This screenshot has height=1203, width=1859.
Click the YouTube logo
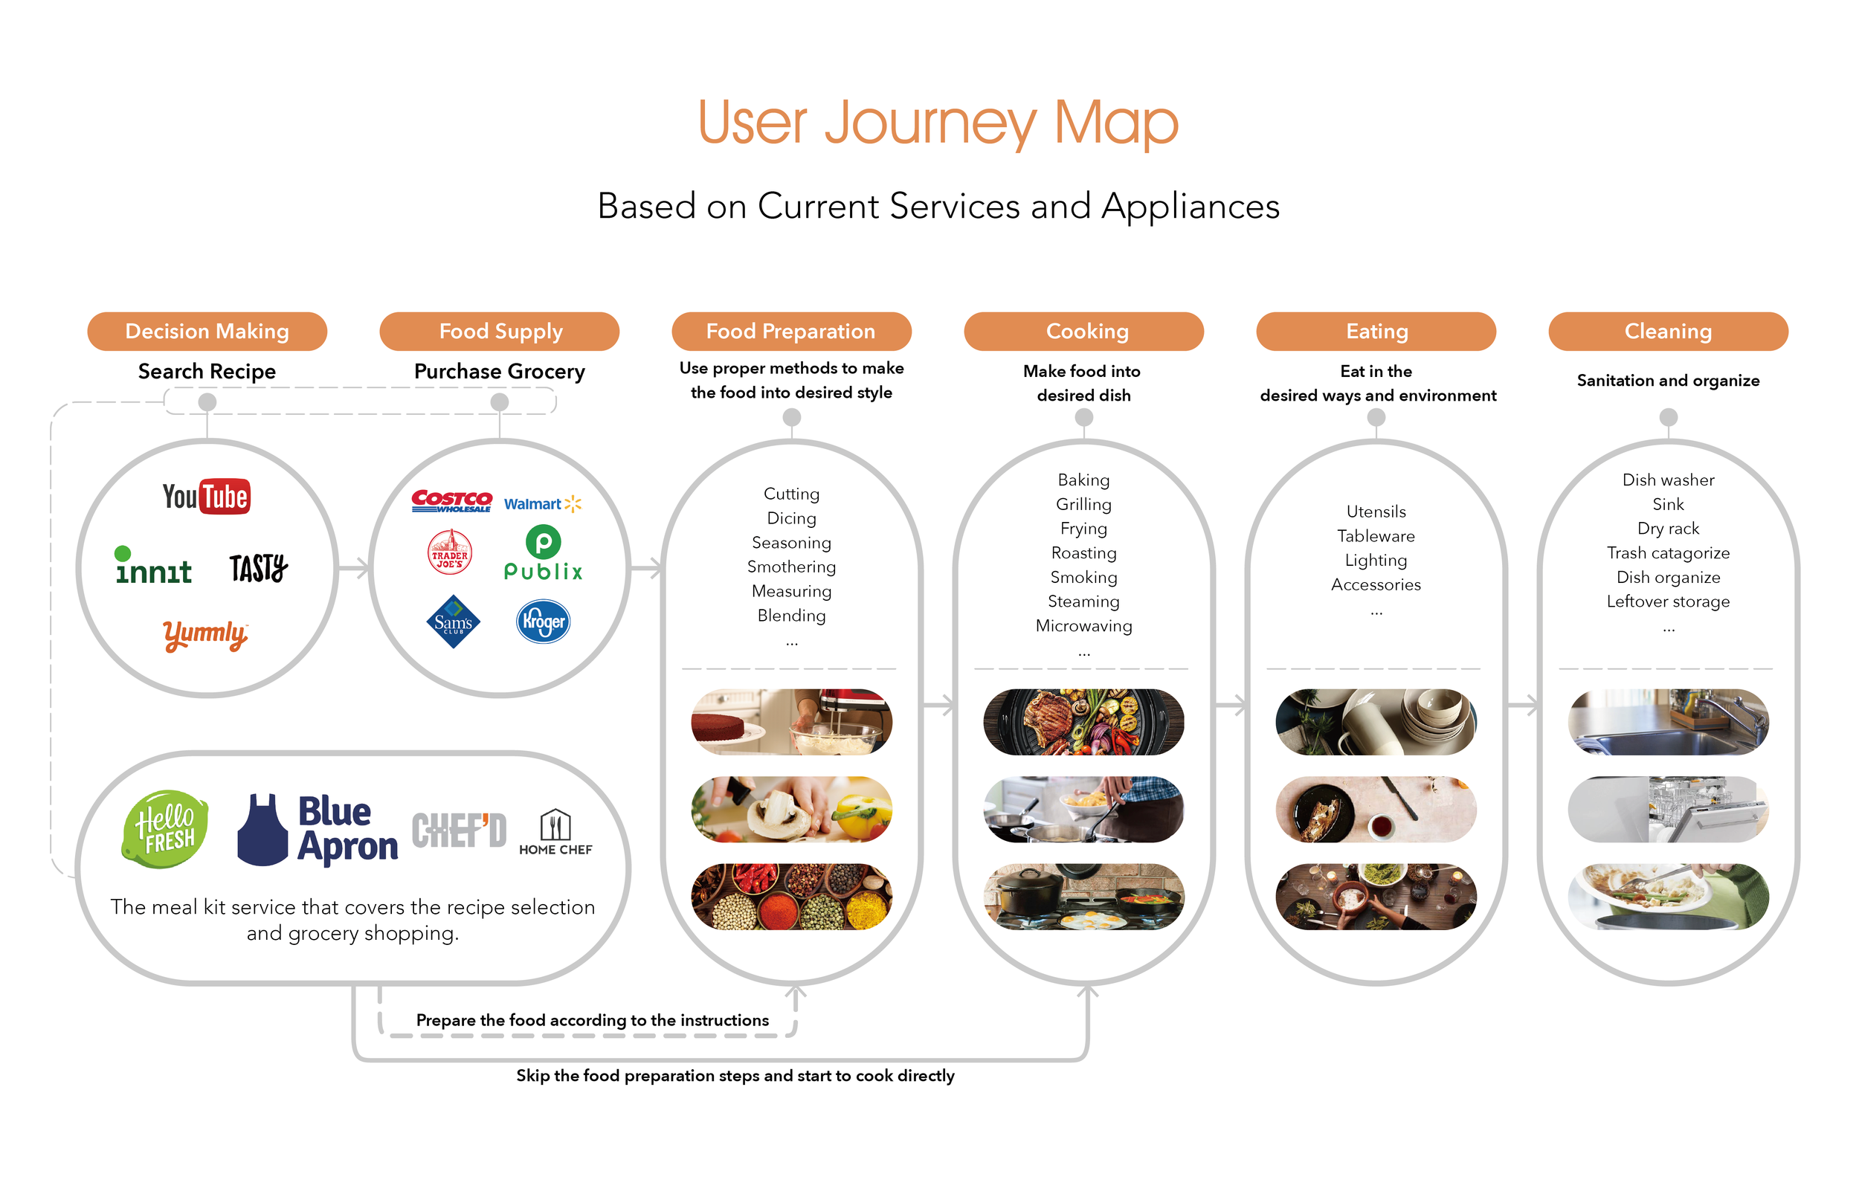point(206,497)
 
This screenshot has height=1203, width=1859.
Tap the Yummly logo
point(205,634)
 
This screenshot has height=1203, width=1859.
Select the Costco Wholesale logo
point(451,500)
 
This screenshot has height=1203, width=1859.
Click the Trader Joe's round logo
point(450,552)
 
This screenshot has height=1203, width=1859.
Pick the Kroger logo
point(543,622)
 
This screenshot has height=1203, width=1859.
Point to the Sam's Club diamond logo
point(453,622)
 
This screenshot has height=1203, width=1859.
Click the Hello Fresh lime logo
point(166,829)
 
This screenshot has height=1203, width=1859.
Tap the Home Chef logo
point(555,833)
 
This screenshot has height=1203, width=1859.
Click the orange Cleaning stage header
point(1668,331)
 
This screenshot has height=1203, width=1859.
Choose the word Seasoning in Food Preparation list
point(791,542)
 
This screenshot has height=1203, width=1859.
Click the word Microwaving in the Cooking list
point(1083,626)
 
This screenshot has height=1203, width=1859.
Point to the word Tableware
point(1376,536)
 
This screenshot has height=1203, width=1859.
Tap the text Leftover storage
point(1668,601)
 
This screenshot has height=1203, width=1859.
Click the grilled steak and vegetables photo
point(1083,722)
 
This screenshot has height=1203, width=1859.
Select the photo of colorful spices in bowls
point(791,897)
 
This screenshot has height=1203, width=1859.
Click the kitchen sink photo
point(1668,722)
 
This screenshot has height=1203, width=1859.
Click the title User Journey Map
point(938,123)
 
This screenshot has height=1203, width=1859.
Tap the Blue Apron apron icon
point(262,830)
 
